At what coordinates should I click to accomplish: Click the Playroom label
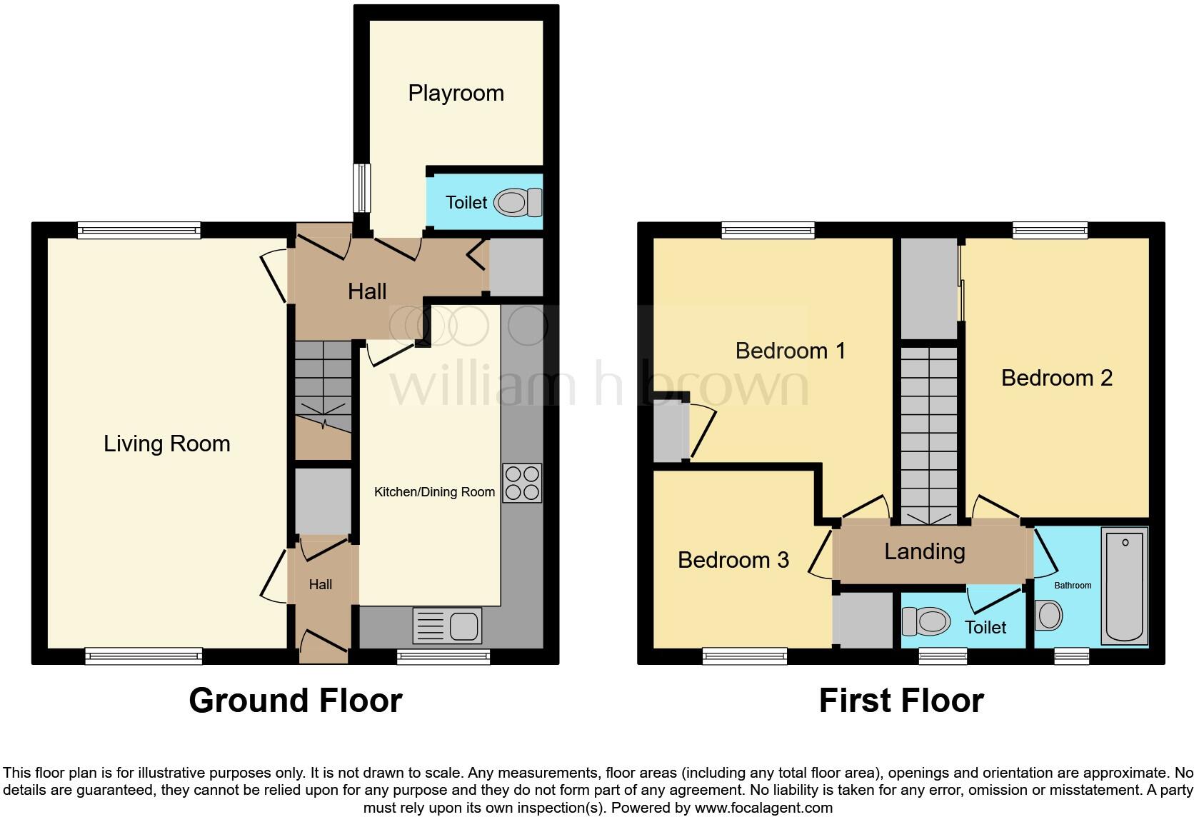pyautogui.click(x=456, y=93)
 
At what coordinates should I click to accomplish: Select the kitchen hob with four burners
pyautogui.click(x=522, y=483)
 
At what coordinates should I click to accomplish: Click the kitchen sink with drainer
pyautogui.click(x=447, y=626)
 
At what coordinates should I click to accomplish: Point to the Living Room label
pyautogui.click(x=167, y=443)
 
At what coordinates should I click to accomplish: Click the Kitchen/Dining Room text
pyautogui.click(x=434, y=492)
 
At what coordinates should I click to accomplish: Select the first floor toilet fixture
pyautogui.click(x=925, y=621)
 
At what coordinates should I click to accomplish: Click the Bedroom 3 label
pyautogui.click(x=733, y=560)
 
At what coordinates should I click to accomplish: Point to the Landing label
pyautogui.click(x=925, y=551)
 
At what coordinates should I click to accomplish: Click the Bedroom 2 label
pyautogui.click(x=1057, y=378)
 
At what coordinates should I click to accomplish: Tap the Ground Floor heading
pyautogui.click(x=296, y=701)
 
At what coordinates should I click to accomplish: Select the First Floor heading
pyautogui.click(x=901, y=701)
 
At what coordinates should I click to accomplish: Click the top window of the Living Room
pyautogui.click(x=139, y=230)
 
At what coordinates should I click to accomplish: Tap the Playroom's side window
pyautogui.click(x=363, y=188)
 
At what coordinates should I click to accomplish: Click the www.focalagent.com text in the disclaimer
pyautogui.click(x=763, y=808)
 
